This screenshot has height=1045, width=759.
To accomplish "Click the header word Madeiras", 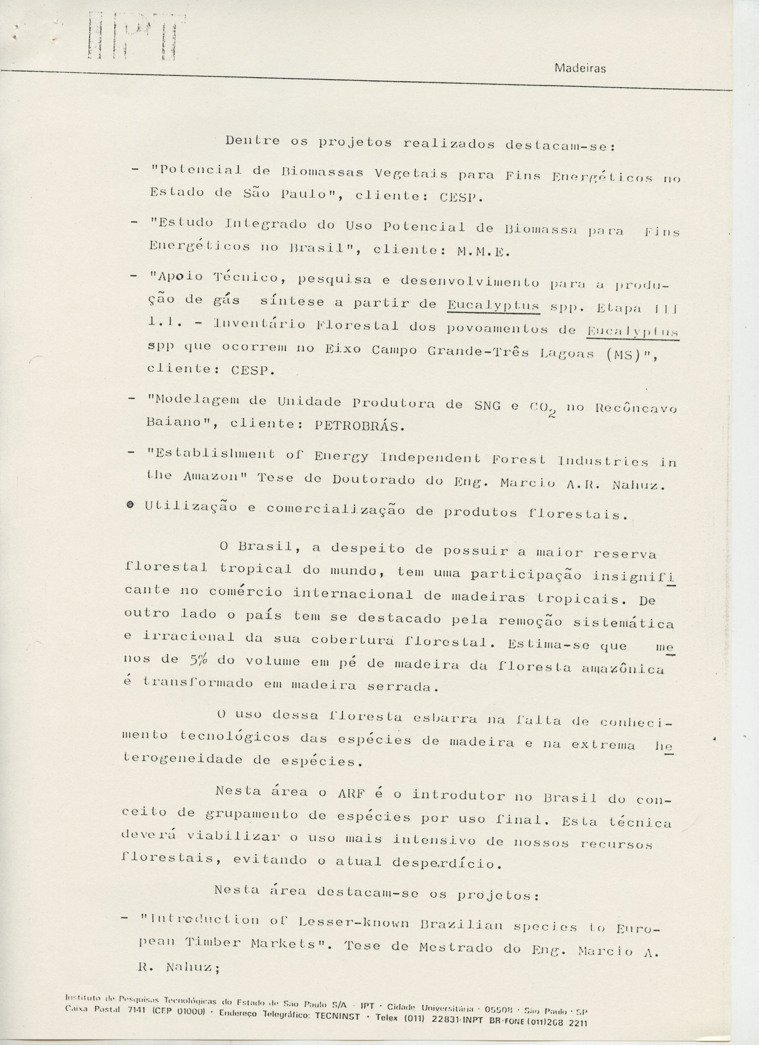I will click(580, 69).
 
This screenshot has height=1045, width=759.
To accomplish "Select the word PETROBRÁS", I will click(359, 425).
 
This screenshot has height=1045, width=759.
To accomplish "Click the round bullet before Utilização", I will click(130, 505).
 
